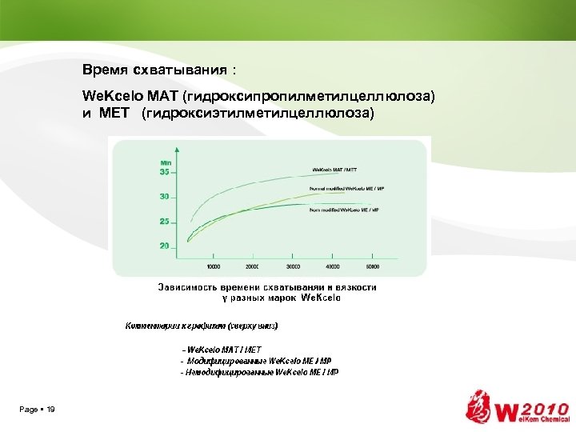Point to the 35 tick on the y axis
(165, 171)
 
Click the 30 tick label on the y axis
(165, 196)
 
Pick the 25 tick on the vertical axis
(165, 221)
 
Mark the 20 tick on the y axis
(165, 246)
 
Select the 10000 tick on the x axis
(214, 266)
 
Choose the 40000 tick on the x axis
(332, 266)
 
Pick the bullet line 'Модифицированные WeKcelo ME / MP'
(257, 361)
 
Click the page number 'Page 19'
(38, 410)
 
